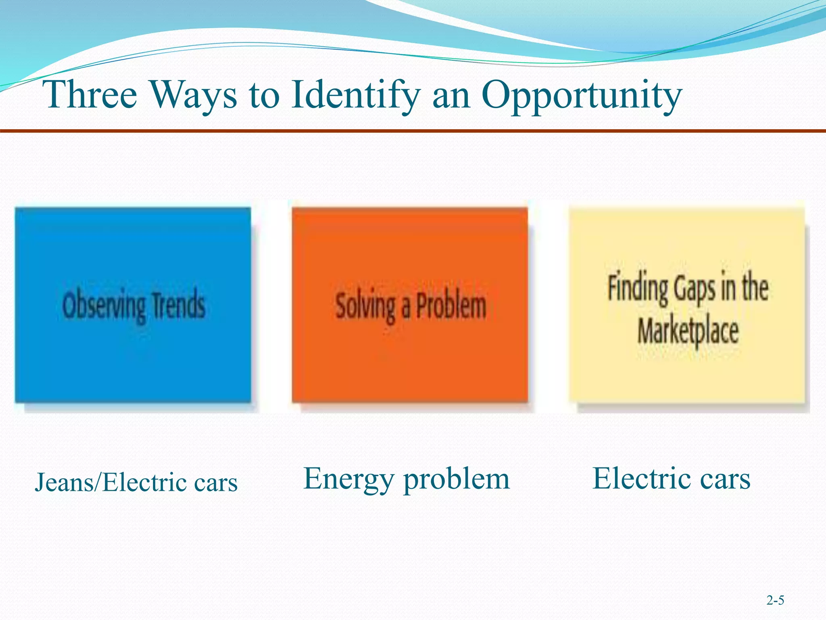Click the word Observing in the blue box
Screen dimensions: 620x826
pos(104,306)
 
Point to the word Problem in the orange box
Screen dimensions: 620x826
pos(451,306)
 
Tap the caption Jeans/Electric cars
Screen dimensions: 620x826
pos(136,482)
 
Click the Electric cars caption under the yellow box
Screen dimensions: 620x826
pos(671,479)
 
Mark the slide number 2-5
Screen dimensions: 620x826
pos(775,601)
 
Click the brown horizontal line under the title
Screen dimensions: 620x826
pos(413,131)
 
